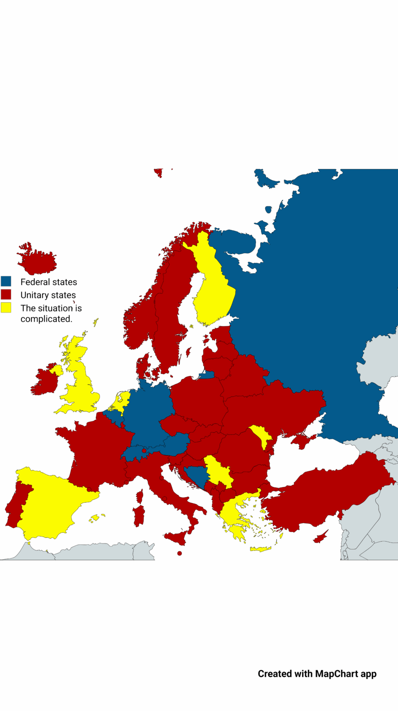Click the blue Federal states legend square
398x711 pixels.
tap(6, 281)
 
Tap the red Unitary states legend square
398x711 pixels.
tap(6, 294)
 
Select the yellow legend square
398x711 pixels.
tap(6, 307)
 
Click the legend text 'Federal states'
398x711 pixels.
tap(49, 282)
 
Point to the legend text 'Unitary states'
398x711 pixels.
tap(48, 295)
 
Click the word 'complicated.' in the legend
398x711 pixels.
tap(46, 319)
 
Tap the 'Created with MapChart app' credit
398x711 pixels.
tap(317, 674)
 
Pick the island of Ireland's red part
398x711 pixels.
tap(44, 382)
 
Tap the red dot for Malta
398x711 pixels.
tap(180, 553)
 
